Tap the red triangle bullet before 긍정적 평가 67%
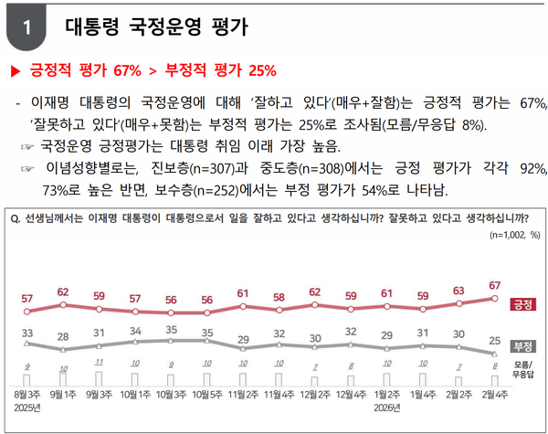tap(15, 69)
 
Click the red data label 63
tap(458, 291)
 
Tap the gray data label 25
tap(494, 339)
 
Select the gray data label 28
tap(63, 337)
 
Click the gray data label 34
tap(135, 330)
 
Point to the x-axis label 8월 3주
tap(26, 394)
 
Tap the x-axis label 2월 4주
tap(494, 394)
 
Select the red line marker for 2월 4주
tap(494, 298)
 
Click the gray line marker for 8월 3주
tap(27, 344)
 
